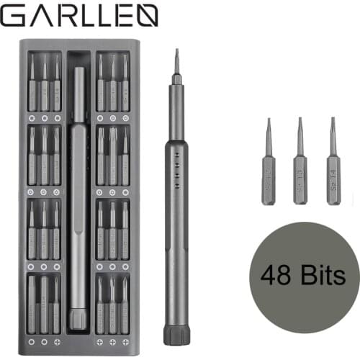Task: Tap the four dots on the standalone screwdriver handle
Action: [176, 161]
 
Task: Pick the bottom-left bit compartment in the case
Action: [44, 303]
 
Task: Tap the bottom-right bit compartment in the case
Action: [113, 303]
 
